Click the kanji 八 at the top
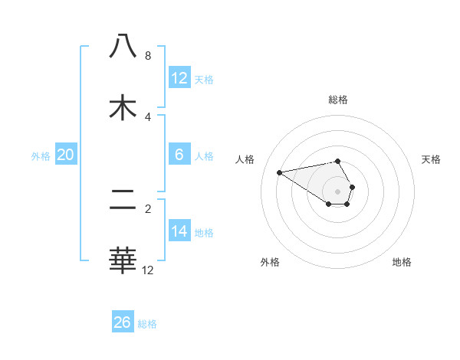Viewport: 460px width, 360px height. [123, 45]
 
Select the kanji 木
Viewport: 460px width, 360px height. [123, 108]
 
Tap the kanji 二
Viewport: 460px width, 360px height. [123, 201]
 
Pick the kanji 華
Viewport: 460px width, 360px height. [123, 261]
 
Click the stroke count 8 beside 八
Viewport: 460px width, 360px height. [147, 55]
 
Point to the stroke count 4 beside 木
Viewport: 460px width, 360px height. [147, 116]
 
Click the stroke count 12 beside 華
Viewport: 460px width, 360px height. [147, 270]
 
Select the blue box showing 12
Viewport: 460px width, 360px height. [179, 78]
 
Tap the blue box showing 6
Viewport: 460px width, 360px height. [179, 155]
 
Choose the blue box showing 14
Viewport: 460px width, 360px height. [179, 231]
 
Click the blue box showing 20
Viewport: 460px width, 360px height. [65, 155]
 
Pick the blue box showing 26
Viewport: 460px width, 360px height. [122, 322]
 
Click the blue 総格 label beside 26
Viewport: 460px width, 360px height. [147, 324]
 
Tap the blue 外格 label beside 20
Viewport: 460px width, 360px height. [41, 156]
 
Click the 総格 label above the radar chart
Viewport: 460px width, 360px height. [337, 100]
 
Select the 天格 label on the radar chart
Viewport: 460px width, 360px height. [432, 159]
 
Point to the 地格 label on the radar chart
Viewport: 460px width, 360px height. [402, 262]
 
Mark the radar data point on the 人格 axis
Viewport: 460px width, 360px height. [279, 172]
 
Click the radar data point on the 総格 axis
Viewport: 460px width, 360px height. [337, 161]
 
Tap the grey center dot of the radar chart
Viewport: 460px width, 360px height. [337, 191]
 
